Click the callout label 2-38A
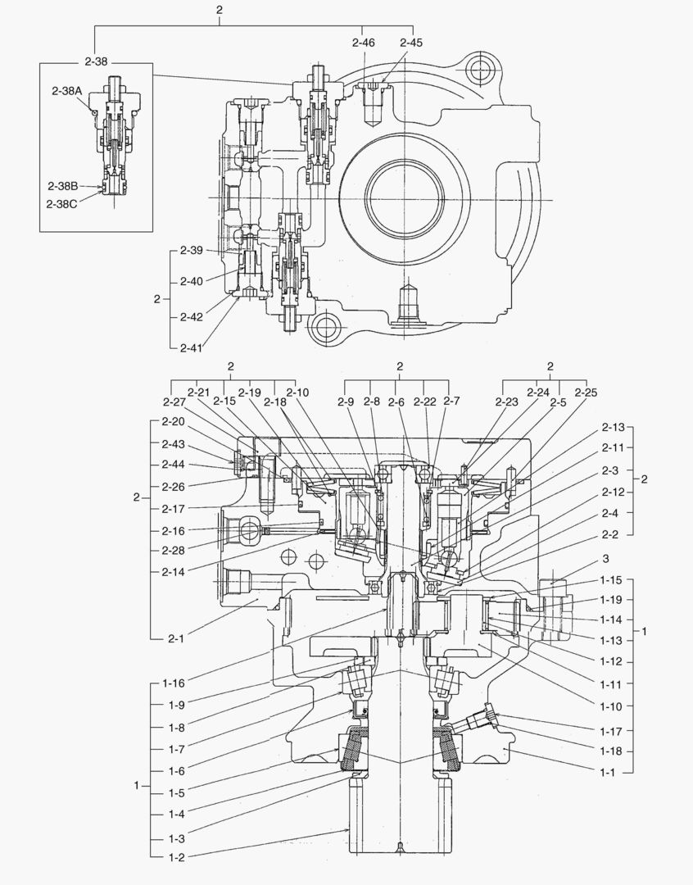67,92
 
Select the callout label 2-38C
62,203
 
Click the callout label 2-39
191,250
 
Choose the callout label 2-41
191,347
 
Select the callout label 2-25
586,393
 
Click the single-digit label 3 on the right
605,558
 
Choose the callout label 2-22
424,402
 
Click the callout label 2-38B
62,185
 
